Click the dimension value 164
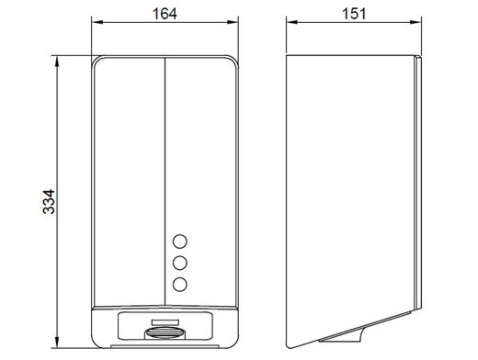165,14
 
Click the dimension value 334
49,202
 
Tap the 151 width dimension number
354,14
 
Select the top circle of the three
180,242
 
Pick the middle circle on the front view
180,263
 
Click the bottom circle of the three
180,285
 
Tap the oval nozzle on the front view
165,332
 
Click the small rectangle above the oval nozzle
165,321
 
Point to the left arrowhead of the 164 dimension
97,22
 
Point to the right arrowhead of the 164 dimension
233,22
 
